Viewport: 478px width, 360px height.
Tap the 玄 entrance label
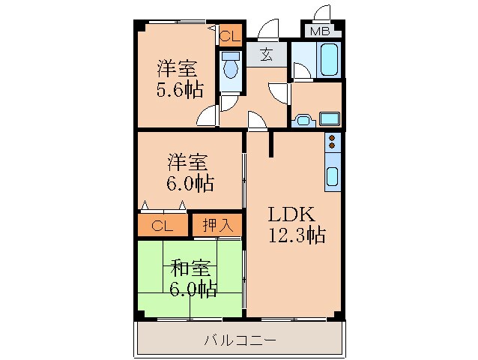(266, 54)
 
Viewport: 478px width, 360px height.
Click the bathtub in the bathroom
(328, 59)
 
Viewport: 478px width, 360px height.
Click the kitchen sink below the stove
(331, 176)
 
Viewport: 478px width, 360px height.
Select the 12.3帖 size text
(297, 235)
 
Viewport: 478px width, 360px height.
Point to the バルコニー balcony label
(240, 340)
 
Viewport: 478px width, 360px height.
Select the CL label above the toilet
(230, 34)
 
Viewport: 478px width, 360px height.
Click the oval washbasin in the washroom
(304, 118)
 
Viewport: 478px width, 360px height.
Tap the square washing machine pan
(330, 118)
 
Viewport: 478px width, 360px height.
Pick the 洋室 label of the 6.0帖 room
(187, 161)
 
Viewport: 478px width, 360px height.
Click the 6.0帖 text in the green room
(192, 289)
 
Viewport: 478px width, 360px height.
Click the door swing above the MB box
(323, 13)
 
